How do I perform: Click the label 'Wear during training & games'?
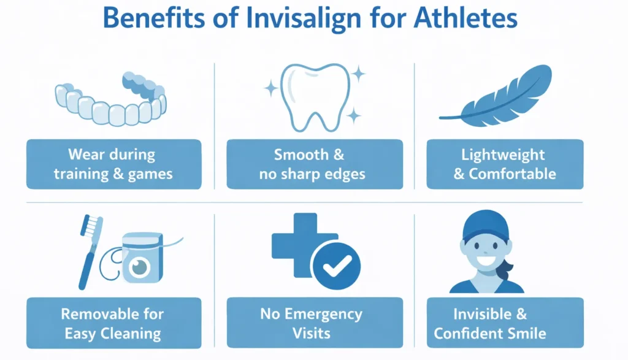click(x=113, y=164)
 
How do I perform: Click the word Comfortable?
click(x=512, y=174)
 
